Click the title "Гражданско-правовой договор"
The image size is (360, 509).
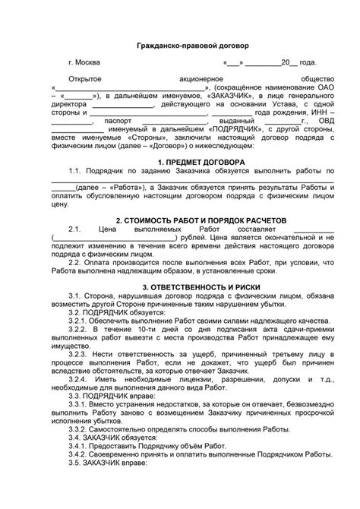pos(180,46)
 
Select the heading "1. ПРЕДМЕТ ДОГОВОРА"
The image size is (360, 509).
pos(180,185)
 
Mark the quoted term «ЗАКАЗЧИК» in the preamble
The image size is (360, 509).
pos(218,97)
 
